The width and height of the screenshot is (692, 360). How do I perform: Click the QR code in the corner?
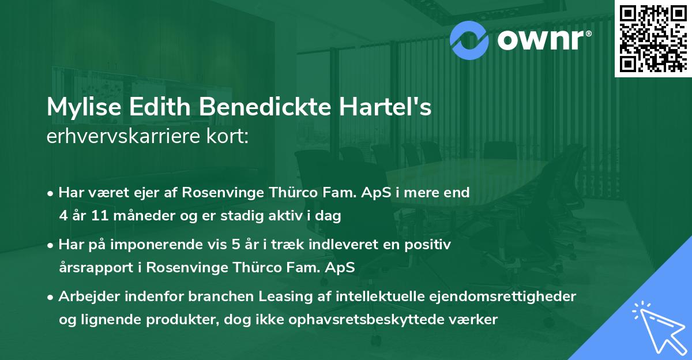(x=653, y=38)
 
